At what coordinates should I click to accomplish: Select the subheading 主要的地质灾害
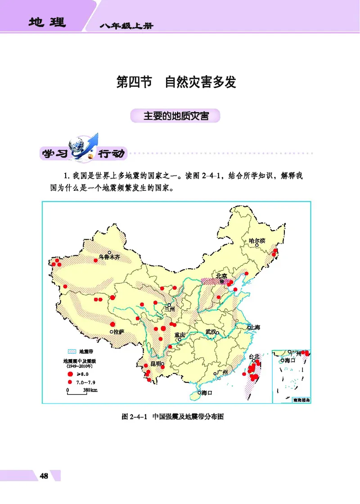[176, 116]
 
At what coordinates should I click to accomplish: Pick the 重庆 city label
[180, 335]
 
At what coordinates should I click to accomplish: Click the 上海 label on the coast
[254, 327]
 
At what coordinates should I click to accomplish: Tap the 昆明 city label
[156, 364]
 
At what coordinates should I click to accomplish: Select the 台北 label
[255, 356]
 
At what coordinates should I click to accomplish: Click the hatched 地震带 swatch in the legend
[71, 351]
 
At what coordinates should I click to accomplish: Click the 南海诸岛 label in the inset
[301, 399]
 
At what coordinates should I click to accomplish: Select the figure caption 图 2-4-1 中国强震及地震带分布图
[173, 417]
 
